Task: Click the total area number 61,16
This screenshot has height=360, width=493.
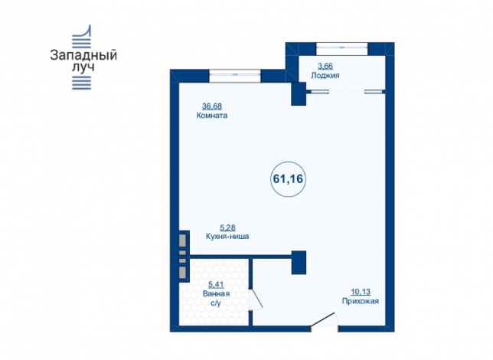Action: pyautogui.click(x=288, y=178)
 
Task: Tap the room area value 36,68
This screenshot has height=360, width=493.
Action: pyautogui.click(x=212, y=106)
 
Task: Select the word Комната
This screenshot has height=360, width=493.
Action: pyautogui.click(x=212, y=116)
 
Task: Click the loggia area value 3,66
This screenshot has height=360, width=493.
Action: pyautogui.click(x=325, y=67)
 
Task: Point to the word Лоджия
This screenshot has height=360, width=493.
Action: pyautogui.click(x=325, y=76)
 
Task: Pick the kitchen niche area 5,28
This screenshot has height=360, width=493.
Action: pyautogui.click(x=227, y=227)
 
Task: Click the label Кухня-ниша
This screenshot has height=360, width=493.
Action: pyautogui.click(x=227, y=237)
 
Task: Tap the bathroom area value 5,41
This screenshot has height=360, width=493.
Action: pyautogui.click(x=216, y=285)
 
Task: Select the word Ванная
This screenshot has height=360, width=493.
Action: pyautogui.click(x=216, y=294)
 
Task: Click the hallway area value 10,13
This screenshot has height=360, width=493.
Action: pyautogui.click(x=361, y=292)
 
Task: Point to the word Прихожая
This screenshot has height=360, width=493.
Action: pyautogui.click(x=361, y=301)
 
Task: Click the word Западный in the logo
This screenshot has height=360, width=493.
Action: pyautogui.click(x=83, y=56)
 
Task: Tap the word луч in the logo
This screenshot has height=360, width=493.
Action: pyautogui.click(x=83, y=67)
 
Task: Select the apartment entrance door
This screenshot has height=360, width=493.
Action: pyautogui.click(x=324, y=320)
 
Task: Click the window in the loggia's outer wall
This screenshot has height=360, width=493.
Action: pyautogui.click(x=341, y=47)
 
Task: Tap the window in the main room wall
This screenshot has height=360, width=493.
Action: pyautogui.click(x=235, y=75)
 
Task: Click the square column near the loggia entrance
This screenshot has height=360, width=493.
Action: pyautogui.click(x=299, y=93)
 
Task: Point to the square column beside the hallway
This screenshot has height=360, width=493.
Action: pyautogui.click(x=299, y=263)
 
